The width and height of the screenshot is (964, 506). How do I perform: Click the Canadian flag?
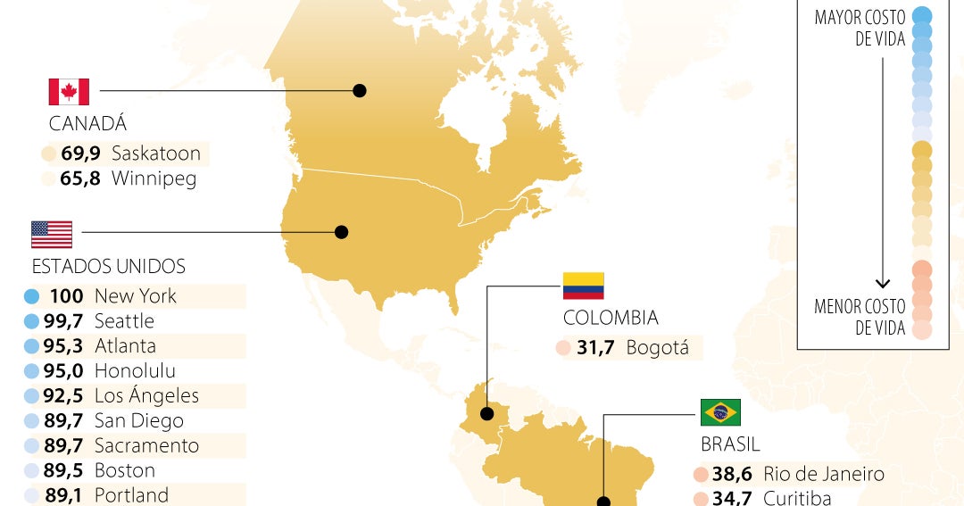pyautogui.click(x=69, y=91)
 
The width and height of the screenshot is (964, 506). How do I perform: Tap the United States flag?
pyautogui.click(x=52, y=234)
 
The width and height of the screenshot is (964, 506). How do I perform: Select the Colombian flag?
pyautogui.click(x=583, y=286)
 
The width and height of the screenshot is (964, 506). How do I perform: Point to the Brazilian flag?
pyautogui.click(x=720, y=412)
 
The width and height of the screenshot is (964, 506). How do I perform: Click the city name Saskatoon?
pyautogui.click(x=156, y=153)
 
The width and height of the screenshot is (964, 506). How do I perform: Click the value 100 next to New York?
pyautogui.click(x=66, y=296)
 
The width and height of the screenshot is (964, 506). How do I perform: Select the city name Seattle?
pyautogui.click(x=124, y=321)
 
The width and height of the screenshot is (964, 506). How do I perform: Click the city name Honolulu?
pyautogui.click(x=135, y=371)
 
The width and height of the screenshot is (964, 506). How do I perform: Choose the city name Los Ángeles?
pyautogui.click(x=146, y=396)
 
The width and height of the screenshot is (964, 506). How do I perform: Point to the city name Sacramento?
pyautogui.click(x=146, y=446)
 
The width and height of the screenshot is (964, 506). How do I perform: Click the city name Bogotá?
pyautogui.click(x=658, y=348)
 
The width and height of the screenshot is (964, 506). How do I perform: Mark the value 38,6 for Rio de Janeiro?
pyautogui.click(x=731, y=475)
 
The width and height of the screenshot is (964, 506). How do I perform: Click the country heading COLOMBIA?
pyautogui.click(x=611, y=318)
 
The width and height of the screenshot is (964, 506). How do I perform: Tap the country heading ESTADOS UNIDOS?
pyautogui.click(x=109, y=267)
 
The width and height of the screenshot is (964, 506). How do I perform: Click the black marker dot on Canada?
pyautogui.click(x=360, y=90)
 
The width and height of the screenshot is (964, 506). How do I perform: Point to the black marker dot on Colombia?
pyautogui.click(x=487, y=414)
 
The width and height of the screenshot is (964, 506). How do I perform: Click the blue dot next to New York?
pyautogui.click(x=31, y=296)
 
